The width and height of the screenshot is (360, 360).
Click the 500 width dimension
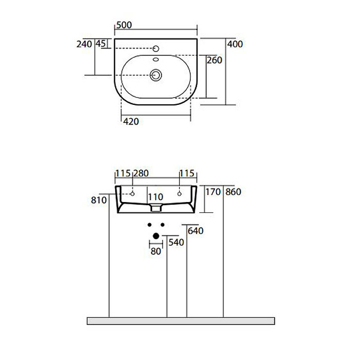(x=124, y=25)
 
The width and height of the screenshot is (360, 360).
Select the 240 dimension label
(x=85, y=44)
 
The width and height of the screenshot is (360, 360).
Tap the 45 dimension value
(x=101, y=44)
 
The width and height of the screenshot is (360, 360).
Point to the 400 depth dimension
(x=235, y=44)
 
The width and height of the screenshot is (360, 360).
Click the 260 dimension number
(x=215, y=60)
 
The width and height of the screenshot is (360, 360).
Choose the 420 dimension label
(x=131, y=121)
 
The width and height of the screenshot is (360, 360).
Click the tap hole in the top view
(x=156, y=48)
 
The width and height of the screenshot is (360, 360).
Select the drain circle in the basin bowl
(x=156, y=75)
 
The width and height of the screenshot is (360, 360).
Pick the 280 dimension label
(x=140, y=173)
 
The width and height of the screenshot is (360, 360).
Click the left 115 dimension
(x=123, y=173)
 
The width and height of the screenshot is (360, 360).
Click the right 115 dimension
(x=187, y=173)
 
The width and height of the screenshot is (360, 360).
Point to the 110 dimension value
(x=155, y=197)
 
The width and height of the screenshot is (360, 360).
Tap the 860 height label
(x=234, y=192)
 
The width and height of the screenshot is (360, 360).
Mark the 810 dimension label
(x=99, y=200)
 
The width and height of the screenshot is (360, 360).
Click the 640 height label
(x=195, y=231)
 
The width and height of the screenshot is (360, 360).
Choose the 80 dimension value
(x=156, y=252)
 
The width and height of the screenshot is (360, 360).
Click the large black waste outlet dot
(x=156, y=235)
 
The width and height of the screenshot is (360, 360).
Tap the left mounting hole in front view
(x=132, y=193)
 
